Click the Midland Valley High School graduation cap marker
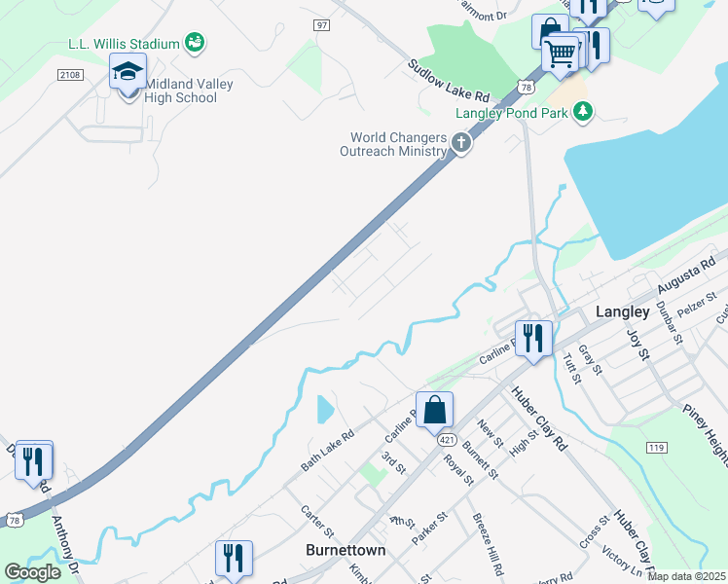point(127,73)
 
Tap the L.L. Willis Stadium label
point(124,44)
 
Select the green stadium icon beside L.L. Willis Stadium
point(195,43)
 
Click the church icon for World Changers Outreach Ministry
point(460,145)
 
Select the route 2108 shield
point(69,74)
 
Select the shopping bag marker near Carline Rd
point(434,410)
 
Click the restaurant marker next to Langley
point(532,339)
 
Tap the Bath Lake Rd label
point(326,450)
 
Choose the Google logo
point(32,572)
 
